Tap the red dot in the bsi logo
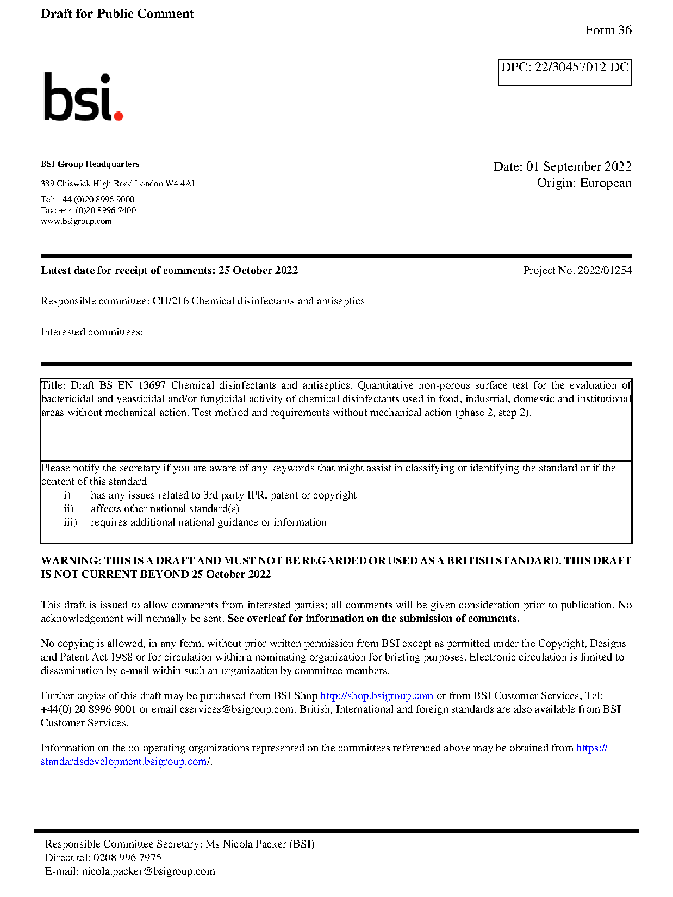(118, 115)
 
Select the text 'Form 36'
(608, 30)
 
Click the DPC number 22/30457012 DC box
(564, 72)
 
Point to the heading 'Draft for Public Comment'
(117, 14)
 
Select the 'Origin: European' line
(584, 183)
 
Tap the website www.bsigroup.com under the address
(76, 222)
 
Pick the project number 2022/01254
(605, 271)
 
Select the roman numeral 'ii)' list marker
(68, 509)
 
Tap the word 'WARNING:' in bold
(71, 561)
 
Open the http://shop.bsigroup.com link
(376, 696)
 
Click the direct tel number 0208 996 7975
(127, 858)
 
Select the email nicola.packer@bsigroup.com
(148, 871)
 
